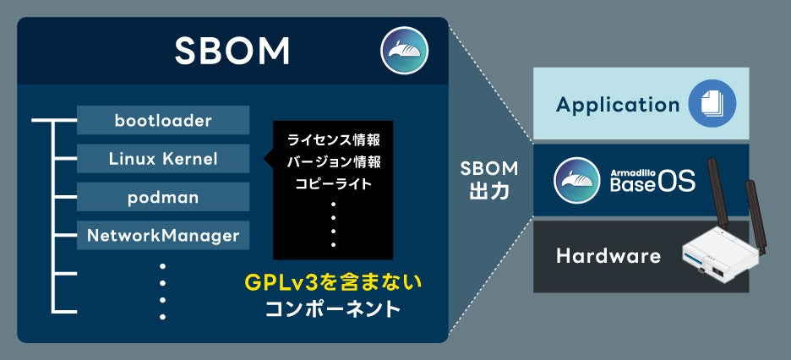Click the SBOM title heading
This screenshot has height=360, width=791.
click(x=232, y=52)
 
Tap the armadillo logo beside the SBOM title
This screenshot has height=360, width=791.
click(x=404, y=50)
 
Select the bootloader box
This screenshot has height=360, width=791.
click(x=163, y=120)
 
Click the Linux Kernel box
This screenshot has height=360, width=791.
click(x=163, y=158)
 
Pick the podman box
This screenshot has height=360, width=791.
click(x=163, y=197)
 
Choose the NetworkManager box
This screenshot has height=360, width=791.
click(x=163, y=235)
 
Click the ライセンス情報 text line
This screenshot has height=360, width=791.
click(x=333, y=139)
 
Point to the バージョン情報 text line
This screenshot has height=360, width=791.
click(x=333, y=161)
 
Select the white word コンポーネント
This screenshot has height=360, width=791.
click(x=331, y=308)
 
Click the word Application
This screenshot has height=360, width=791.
click(x=618, y=105)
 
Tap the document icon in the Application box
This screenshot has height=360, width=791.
click(x=712, y=104)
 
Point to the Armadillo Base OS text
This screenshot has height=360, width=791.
click(x=653, y=180)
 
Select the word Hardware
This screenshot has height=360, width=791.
click(x=608, y=255)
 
